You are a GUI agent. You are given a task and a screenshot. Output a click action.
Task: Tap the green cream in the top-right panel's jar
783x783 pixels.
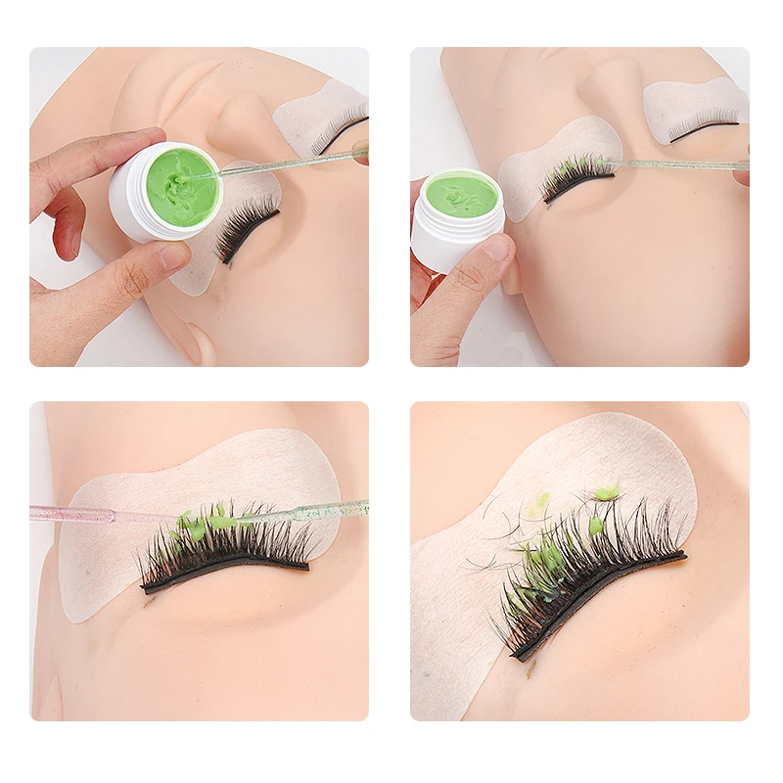click(461, 196)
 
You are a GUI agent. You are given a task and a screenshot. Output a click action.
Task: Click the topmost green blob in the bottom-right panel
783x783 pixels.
click(607, 491)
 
